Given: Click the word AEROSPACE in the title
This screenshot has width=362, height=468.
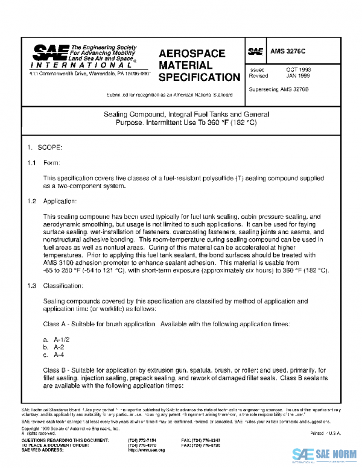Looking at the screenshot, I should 192,54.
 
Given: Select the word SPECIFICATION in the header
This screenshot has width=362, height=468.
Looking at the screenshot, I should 198,77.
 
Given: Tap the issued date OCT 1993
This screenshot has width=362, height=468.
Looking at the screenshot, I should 298,69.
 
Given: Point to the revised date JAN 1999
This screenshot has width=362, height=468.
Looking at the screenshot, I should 298,76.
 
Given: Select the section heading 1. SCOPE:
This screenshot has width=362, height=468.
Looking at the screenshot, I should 42,147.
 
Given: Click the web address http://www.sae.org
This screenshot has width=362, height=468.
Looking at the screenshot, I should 147,450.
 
